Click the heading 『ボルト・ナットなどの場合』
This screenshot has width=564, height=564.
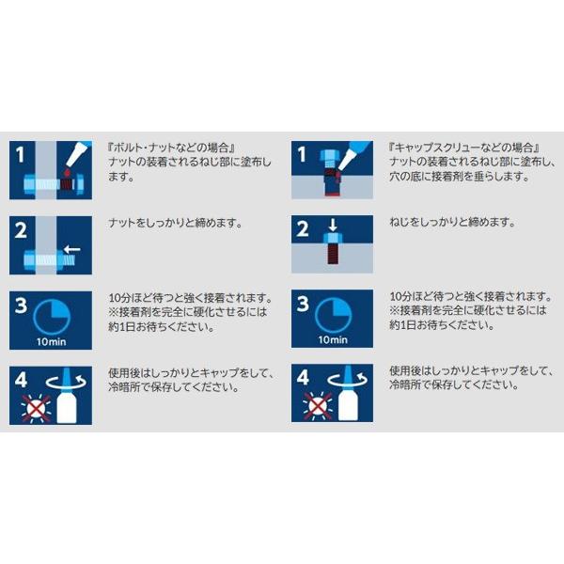click(x=171, y=148)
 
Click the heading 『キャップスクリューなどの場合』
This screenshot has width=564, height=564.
click(x=464, y=148)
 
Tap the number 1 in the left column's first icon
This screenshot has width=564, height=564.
click(x=20, y=154)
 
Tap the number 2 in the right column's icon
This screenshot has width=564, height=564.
click(x=303, y=228)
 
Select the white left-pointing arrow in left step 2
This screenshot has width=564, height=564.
click(x=72, y=249)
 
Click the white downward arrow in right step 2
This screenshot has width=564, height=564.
click(x=333, y=226)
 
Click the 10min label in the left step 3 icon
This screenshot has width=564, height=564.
click(x=52, y=342)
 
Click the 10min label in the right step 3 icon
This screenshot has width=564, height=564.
click(x=333, y=340)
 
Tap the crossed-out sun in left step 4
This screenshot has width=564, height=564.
click(x=36, y=408)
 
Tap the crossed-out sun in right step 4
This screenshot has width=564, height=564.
click(x=318, y=406)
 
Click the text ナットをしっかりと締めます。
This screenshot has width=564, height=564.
click(x=175, y=224)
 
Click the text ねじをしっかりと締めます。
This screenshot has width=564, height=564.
click(x=452, y=222)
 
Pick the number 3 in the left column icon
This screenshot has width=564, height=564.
click(x=21, y=305)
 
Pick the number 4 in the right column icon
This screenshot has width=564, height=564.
click(x=303, y=378)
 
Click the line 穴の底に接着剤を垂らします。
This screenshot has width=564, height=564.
click(x=460, y=177)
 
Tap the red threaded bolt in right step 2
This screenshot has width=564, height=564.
click(x=333, y=254)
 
